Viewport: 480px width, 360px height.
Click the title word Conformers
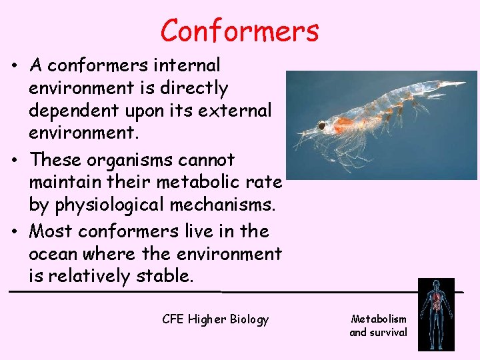click(x=239, y=31)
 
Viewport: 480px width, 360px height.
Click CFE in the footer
click(x=174, y=319)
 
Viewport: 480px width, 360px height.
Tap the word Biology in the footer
click(x=249, y=319)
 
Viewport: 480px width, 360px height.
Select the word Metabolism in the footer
click(x=379, y=319)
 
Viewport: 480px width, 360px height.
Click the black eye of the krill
click(x=322, y=125)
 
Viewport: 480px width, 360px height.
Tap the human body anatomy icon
click(x=436, y=314)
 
